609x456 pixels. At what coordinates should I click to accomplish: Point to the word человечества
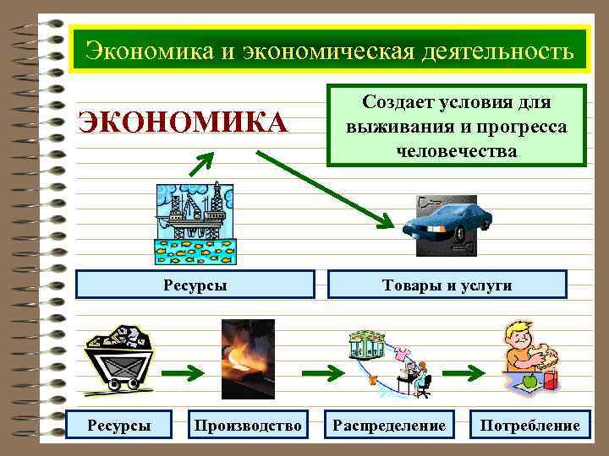coord(456,151)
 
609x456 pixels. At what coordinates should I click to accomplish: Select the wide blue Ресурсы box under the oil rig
coord(195,285)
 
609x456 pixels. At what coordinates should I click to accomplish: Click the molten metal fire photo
coord(247,360)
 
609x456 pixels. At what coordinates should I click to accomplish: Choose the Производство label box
coord(247,426)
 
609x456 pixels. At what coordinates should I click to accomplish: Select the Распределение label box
coord(389,426)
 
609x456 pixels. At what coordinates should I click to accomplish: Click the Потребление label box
coord(530,426)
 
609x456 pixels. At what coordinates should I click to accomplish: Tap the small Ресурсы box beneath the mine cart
coord(120,426)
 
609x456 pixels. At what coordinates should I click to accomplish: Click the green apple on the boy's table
coord(530,382)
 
